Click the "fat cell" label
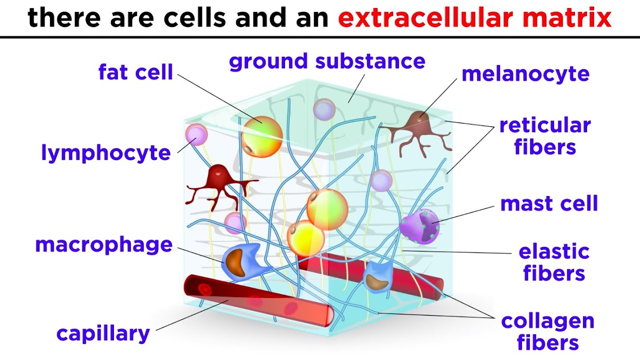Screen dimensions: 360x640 [135, 72]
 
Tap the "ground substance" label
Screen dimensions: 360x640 [327, 62]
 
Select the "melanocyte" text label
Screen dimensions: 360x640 [525, 74]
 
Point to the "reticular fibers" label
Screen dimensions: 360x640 [545, 136]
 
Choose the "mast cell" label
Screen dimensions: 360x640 [549, 204]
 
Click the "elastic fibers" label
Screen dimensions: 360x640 [554, 263]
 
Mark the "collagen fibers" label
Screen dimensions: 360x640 [547, 332]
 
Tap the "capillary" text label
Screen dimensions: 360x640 [103, 333]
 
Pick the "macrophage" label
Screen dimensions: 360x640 [103, 245]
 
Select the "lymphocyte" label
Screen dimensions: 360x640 [106, 153]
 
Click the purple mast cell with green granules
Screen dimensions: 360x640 [419, 226]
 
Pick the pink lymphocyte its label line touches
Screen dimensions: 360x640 [196, 134]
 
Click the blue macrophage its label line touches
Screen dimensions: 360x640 [242, 260]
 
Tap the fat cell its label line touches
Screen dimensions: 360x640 [262, 135]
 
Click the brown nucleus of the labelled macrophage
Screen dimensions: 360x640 [237, 261]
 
